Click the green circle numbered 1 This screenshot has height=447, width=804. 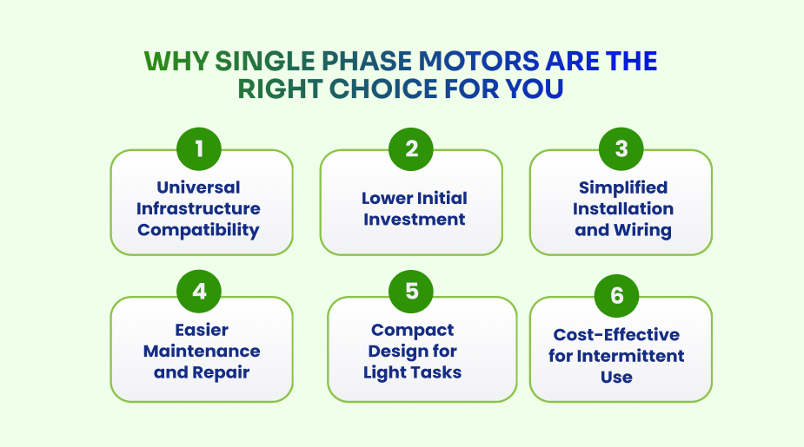pos(200,148)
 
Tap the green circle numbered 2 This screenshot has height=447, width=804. pos(411,148)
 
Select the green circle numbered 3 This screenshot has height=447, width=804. pos(621,148)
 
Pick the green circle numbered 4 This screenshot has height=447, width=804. pos(200,292)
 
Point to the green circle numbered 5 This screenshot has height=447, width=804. pos(411,292)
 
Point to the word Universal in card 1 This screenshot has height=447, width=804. pos(198,187)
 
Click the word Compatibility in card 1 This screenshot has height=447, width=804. pos(198,230)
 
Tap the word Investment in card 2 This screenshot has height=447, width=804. pos(414,220)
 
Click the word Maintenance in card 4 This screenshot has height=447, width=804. pos(202,352)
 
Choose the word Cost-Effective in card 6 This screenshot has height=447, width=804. pos(616,335)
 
